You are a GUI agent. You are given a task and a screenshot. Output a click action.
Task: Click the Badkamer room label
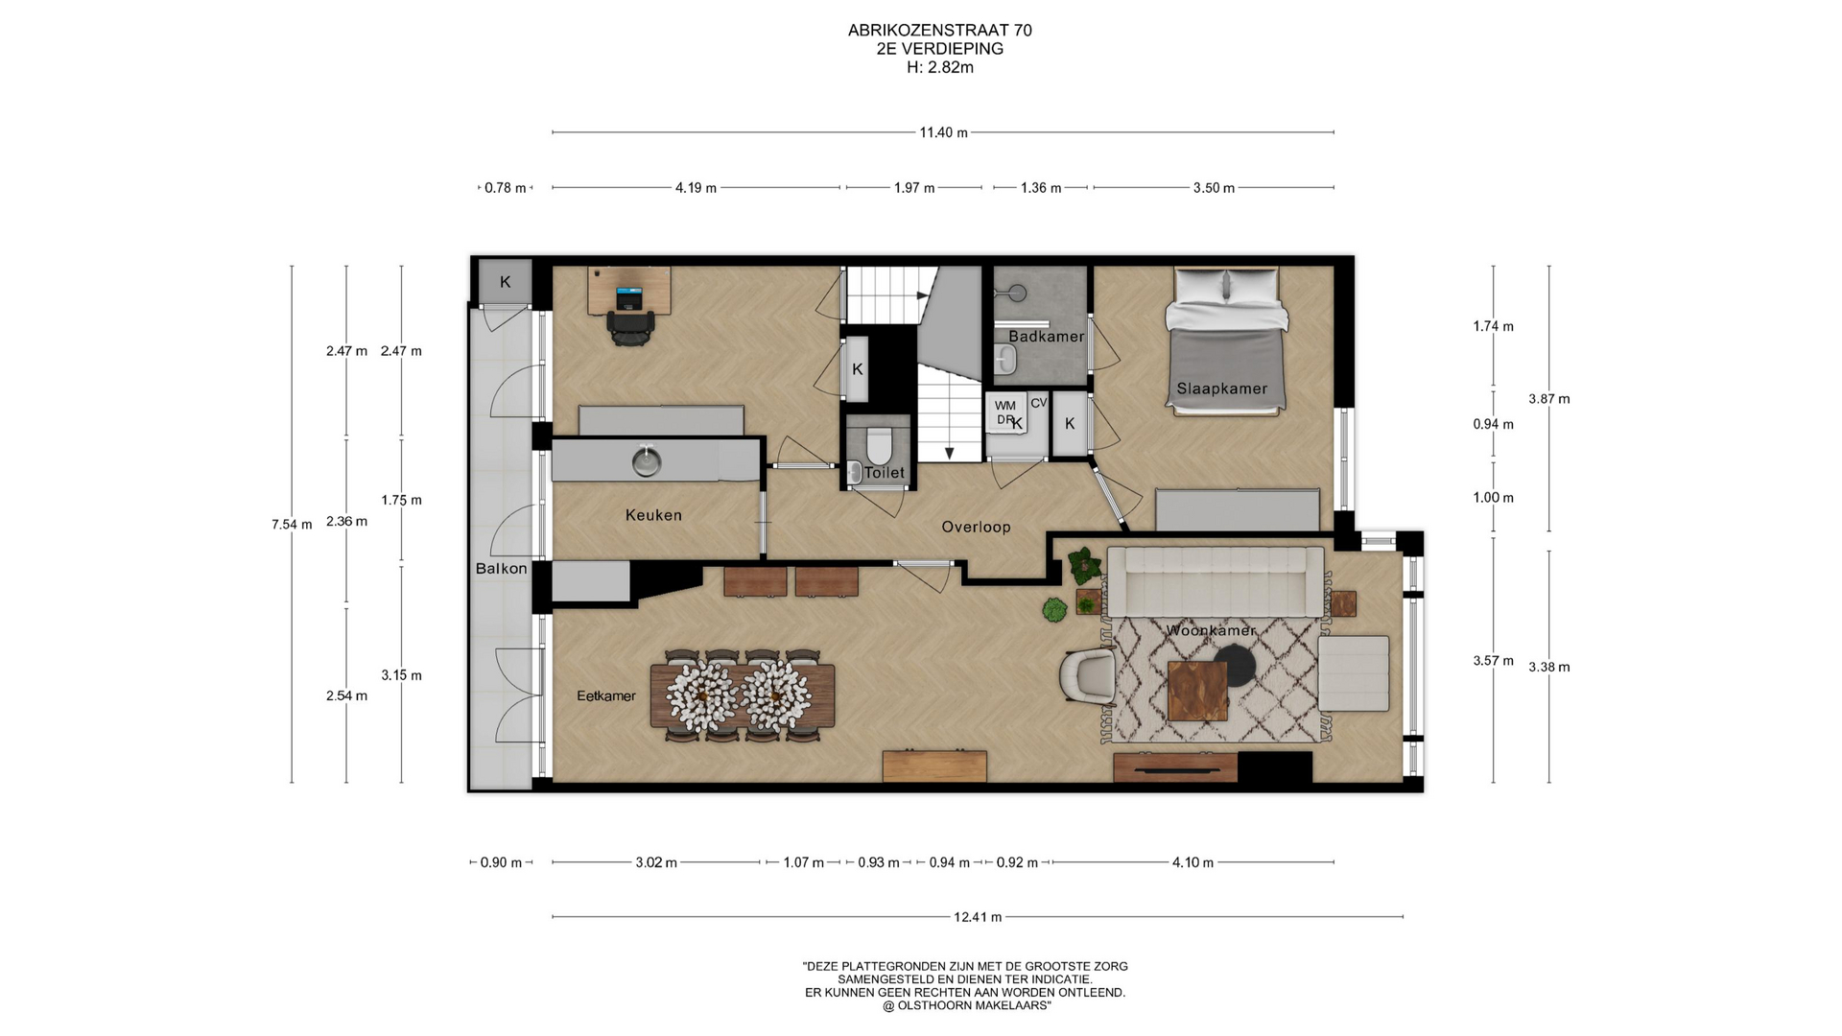pyautogui.click(x=1046, y=337)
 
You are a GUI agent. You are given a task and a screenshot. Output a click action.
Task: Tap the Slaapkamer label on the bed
pyautogui.click(x=1222, y=388)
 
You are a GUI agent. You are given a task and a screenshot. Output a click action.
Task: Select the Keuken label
pyautogui.click(x=653, y=515)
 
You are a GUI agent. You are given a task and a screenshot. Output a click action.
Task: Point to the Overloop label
pyautogui.click(x=976, y=527)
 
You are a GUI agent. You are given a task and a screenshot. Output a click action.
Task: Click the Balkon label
pyautogui.click(x=501, y=569)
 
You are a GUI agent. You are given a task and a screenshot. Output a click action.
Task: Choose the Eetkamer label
pyautogui.click(x=606, y=696)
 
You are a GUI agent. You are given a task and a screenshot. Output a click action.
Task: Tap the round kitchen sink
pyautogui.click(x=647, y=462)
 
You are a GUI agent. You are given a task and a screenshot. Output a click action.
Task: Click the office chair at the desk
pyautogui.click(x=630, y=327)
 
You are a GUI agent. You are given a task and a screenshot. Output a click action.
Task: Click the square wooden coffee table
pyautogui.click(x=1197, y=691)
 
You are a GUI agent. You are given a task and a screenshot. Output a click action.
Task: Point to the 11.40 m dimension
pyautogui.click(x=943, y=132)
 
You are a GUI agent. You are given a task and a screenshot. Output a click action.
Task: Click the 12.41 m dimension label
pyautogui.click(x=978, y=917)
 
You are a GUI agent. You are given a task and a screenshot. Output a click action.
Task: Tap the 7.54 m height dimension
pyautogui.click(x=292, y=525)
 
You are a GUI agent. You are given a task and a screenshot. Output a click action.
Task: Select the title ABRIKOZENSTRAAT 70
pyautogui.click(x=940, y=31)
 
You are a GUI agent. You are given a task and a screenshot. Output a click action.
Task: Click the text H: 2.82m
pyautogui.click(x=940, y=67)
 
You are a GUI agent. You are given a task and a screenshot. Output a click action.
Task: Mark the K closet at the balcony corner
pyautogui.click(x=505, y=282)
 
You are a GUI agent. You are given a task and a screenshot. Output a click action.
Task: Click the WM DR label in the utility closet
pyautogui.click(x=1004, y=413)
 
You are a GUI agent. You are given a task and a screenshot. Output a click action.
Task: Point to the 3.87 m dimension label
pyautogui.click(x=1549, y=399)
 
